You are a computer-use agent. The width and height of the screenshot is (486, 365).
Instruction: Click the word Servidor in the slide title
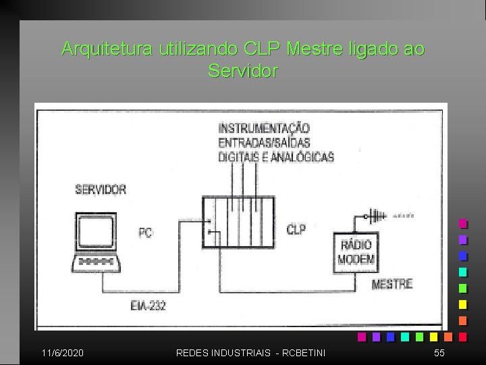tap(243, 70)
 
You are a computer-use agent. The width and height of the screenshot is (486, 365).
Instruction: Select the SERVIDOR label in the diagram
tap(100, 189)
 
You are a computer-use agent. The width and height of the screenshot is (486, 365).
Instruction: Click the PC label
tap(145, 233)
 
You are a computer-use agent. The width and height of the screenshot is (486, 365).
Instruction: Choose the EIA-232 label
tap(148, 306)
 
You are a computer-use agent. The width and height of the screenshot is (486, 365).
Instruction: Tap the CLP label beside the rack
tap(296, 230)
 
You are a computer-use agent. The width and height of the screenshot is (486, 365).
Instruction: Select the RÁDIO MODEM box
tap(355, 252)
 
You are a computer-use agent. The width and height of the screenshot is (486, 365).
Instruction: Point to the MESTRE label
tap(391, 284)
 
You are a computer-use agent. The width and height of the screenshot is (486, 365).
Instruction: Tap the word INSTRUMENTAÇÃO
tap(264, 127)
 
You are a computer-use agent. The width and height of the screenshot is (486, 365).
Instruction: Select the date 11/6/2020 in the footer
tap(63, 353)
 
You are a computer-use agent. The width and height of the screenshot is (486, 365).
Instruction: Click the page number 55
tap(439, 353)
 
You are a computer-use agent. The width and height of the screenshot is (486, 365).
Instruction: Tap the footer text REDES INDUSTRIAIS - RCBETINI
tap(250, 353)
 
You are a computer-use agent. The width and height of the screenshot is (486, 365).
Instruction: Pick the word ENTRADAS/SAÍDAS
tap(264, 142)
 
